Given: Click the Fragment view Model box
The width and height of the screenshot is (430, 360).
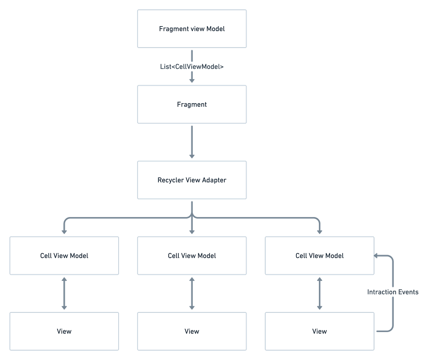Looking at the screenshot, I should point(192,29).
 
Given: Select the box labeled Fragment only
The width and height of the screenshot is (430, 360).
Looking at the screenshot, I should point(192,105).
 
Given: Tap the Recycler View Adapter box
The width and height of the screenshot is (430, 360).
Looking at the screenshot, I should point(192,180).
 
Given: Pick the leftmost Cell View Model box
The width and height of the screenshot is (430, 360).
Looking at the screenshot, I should point(64,255).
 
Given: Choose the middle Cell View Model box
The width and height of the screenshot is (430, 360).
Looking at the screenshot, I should point(192,255).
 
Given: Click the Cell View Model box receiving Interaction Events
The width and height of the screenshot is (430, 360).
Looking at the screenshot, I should point(319,255).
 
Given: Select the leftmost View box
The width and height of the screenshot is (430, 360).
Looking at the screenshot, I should point(64,331).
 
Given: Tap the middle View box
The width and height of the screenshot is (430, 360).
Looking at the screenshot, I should point(192,331).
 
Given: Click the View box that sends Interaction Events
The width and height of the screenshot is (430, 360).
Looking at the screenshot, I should point(319,331).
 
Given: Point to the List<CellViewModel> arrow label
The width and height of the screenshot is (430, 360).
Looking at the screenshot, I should point(192,67).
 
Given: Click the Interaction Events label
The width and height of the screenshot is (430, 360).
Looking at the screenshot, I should point(393,292).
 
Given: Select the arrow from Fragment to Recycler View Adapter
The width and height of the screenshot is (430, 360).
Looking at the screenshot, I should point(192,141).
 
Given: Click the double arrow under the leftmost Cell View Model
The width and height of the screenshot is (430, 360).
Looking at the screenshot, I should point(64,293).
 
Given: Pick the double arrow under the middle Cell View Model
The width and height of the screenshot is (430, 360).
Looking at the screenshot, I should point(192,293).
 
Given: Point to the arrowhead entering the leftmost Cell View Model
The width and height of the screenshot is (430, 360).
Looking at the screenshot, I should point(64,231).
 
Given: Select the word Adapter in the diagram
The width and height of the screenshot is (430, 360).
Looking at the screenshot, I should point(214,180).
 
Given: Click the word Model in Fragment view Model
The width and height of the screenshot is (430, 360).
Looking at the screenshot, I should point(216,29).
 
